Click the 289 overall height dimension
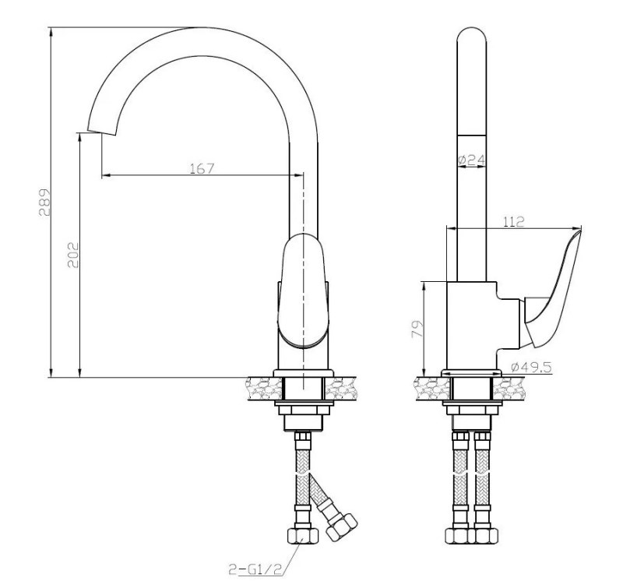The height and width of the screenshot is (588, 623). (45, 202)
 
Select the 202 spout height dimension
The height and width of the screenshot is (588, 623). (73, 255)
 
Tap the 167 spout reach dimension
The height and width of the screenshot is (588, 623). (202, 168)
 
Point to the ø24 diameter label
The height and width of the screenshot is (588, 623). (471, 160)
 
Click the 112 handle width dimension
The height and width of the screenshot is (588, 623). (514, 221)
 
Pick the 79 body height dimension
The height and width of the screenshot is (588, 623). (417, 329)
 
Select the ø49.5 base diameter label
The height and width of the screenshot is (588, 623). (531, 367)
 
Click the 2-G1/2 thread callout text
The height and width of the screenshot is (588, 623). (255, 569)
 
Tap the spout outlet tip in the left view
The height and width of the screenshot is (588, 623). (101, 132)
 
